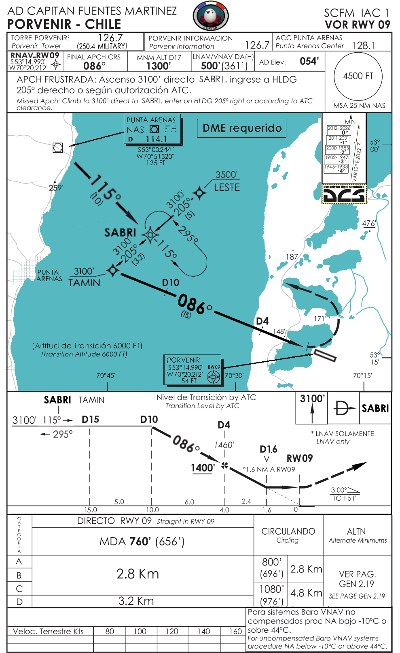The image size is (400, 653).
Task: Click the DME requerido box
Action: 242,128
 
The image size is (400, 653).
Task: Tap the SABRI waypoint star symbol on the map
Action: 150,235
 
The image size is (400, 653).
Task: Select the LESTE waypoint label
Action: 226,187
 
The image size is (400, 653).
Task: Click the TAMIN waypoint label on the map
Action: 84,282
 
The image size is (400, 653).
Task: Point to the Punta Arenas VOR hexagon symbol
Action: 58,147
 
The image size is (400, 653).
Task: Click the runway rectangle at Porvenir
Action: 325,355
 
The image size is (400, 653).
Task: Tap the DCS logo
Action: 344,194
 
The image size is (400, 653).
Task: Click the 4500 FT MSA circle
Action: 358,77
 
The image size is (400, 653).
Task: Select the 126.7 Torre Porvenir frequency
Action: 110,38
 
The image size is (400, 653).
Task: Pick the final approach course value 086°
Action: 94,66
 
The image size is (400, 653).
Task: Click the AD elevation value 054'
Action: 309,61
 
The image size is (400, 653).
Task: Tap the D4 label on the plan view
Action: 262,321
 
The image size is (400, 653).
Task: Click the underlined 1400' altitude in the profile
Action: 203,468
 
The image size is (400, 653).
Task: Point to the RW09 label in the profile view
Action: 299,458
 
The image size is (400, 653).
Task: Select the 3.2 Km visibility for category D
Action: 136,601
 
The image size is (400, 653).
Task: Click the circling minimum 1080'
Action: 271,589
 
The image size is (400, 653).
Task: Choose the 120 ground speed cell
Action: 171,631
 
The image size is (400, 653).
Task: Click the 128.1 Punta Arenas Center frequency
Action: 363,45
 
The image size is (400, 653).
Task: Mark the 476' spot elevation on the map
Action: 368,223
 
